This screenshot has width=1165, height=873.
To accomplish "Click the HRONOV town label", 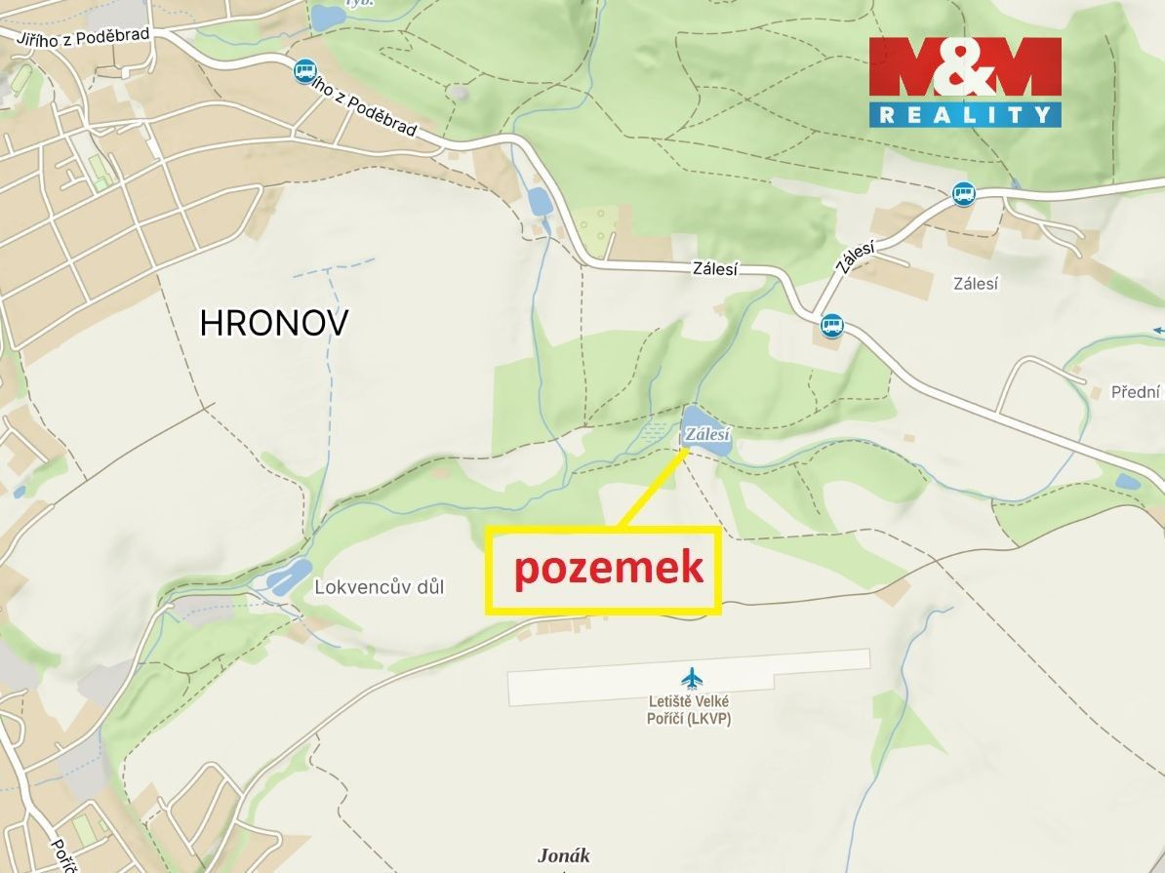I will click(273, 323).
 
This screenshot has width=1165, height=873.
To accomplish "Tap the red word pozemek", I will click(609, 568).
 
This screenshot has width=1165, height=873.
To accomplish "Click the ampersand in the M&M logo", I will click(964, 67).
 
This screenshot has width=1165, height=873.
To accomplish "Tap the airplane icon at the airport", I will click(692, 677).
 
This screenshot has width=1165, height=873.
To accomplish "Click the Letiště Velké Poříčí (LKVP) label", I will click(690, 710).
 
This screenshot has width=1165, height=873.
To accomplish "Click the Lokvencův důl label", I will click(379, 587).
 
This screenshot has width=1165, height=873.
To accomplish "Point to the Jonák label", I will click(564, 855).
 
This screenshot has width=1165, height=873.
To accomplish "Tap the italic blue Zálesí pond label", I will click(706, 435).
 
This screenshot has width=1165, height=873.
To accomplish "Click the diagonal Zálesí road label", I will click(853, 259).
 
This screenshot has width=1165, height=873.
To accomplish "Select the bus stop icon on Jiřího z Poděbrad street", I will click(305, 70).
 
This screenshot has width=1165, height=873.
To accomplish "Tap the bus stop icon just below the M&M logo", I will click(964, 193).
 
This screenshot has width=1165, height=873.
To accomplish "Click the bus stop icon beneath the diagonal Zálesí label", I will click(831, 324).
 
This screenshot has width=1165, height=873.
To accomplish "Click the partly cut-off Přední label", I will click(1137, 392).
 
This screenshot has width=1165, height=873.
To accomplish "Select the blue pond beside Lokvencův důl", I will click(290, 576).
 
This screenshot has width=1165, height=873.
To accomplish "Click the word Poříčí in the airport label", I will click(667, 720).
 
